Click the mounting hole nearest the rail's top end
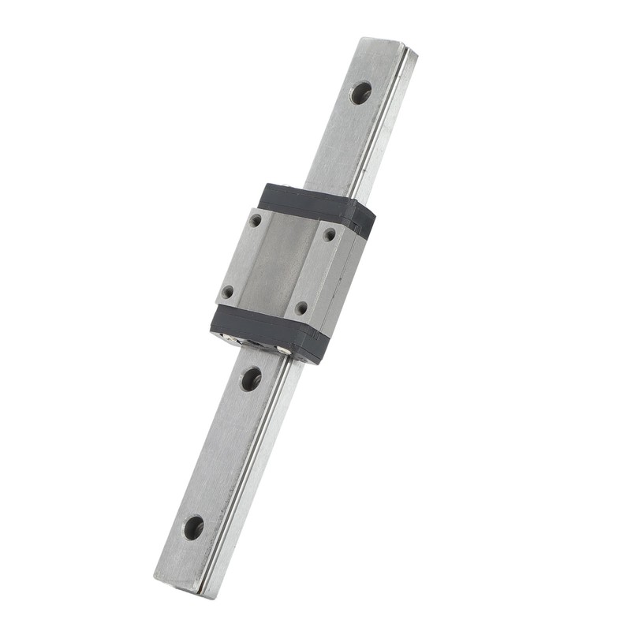[x=360, y=93]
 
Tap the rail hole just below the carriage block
[x=250, y=379]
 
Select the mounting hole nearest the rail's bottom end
[x=193, y=527]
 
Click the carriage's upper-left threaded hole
[x=256, y=221]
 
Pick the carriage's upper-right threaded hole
[x=329, y=234]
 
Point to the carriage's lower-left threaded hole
[x=227, y=292]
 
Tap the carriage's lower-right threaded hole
[x=301, y=308]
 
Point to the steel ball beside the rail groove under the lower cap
[x=279, y=349]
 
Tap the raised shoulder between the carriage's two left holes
[x=241, y=256]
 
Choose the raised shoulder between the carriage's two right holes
[x=315, y=271]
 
